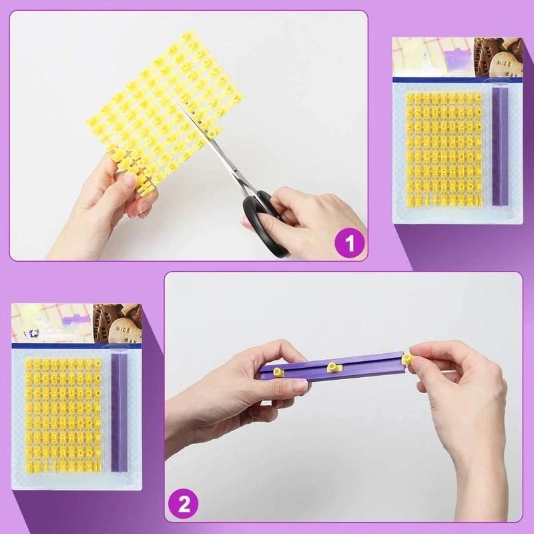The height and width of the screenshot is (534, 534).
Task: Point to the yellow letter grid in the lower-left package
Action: click(64, 414)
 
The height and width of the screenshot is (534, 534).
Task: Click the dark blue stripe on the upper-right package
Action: click(457, 79)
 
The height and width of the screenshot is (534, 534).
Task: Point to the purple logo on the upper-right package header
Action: click(458, 60)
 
